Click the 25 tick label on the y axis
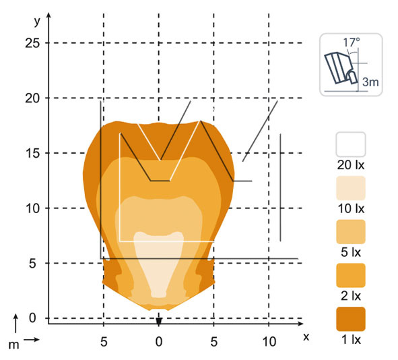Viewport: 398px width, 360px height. pyautogui.click(x=32, y=43)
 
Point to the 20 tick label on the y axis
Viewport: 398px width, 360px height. pyautogui.click(x=32, y=98)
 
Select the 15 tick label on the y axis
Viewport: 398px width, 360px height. pyautogui.click(x=33, y=153)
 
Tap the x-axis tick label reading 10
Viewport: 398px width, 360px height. pyautogui.click(x=269, y=342)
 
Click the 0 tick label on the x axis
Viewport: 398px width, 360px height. pyautogui.click(x=159, y=342)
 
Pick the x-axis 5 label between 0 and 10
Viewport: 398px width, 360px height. pyautogui.click(x=213, y=342)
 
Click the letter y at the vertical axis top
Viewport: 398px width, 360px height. pyautogui.click(x=37, y=22)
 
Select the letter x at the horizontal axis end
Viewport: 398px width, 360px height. pyautogui.click(x=306, y=337)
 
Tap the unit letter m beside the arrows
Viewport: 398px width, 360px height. pyautogui.click(x=13, y=345)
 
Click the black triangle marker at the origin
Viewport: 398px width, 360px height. pyautogui.click(x=159, y=322)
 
